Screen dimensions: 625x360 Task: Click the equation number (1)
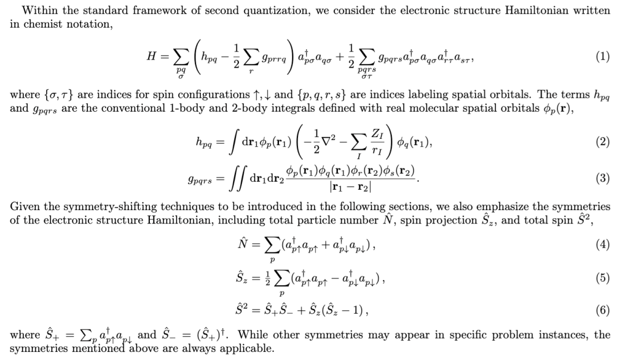point(602,57)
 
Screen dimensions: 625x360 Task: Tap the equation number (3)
point(602,178)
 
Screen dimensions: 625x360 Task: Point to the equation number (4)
point(602,244)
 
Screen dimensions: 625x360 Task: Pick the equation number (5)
point(602,278)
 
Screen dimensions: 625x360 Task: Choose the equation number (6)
point(602,311)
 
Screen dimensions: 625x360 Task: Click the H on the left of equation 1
point(152,57)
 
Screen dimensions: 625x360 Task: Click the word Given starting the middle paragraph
point(24,206)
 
